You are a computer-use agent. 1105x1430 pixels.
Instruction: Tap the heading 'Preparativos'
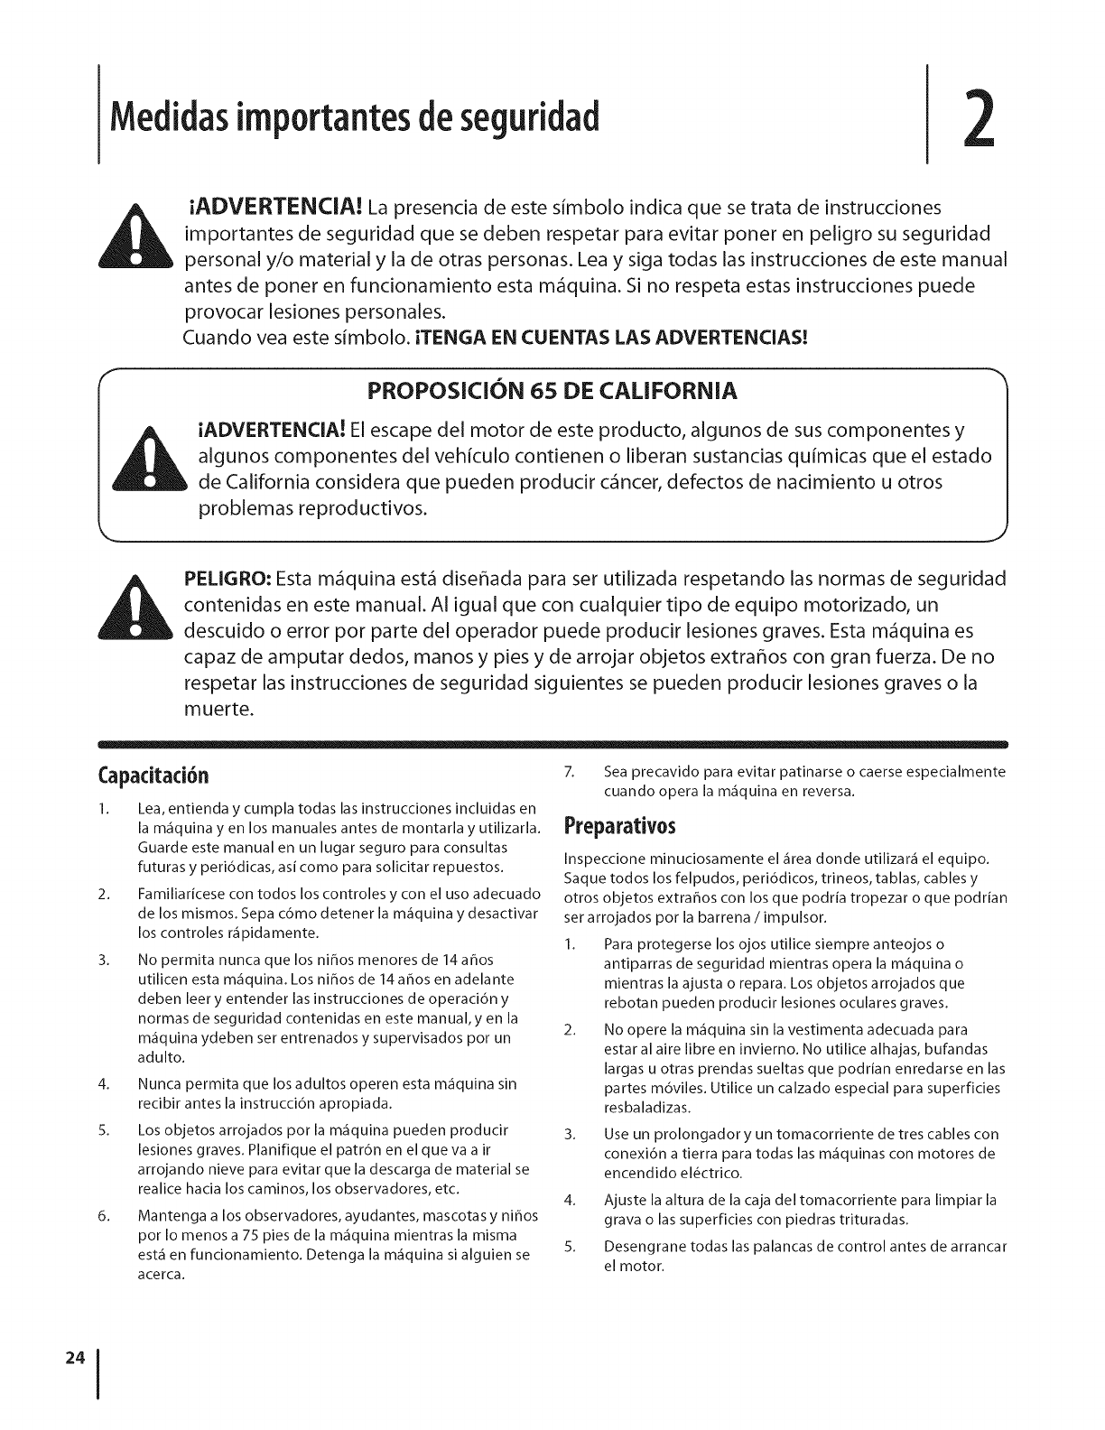(x=619, y=827)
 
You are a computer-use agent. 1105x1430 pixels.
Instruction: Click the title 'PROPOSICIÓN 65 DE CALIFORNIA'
(x=552, y=391)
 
